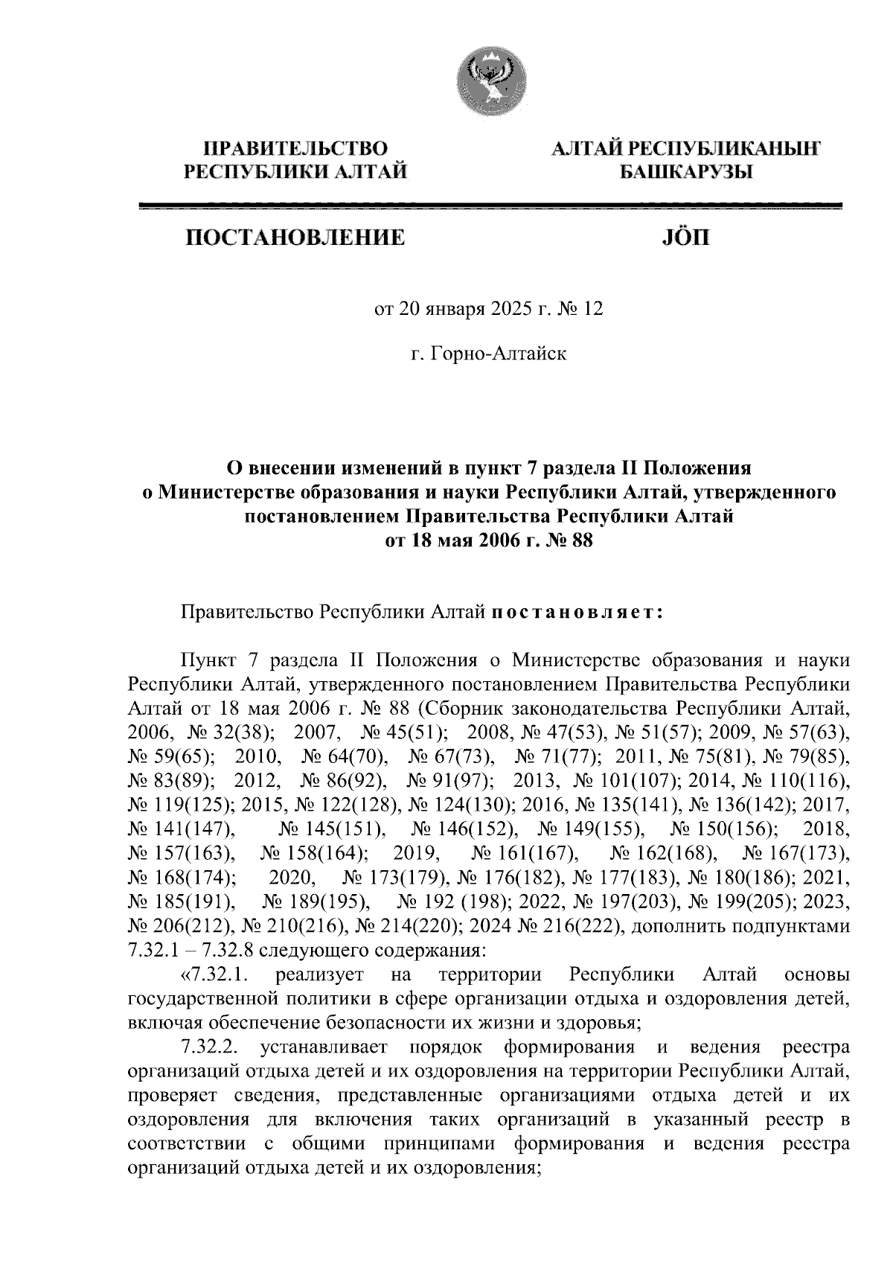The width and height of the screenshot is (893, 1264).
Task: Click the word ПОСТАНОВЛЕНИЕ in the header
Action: pos(296,238)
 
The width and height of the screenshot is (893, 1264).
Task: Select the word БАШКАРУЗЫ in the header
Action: pos(685,172)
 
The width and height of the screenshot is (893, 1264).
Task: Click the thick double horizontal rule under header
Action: pos(490,207)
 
